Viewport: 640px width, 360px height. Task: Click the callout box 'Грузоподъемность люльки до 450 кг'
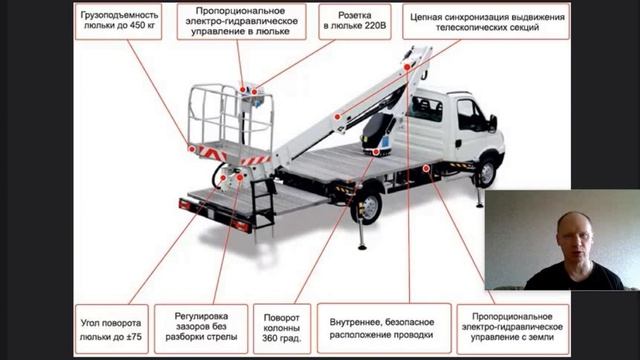tap(118, 22)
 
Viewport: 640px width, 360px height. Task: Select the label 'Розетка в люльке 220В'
tap(355, 22)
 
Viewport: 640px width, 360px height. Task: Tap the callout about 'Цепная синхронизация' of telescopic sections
tap(486, 22)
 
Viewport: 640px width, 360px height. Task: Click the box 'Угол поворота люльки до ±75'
tap(111, 329)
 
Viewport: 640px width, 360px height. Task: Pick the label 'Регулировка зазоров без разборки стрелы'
tap(201, 329)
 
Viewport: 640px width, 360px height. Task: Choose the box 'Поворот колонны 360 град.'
tap(282, 329)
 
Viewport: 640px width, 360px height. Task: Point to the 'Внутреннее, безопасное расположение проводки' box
tap(384, 329)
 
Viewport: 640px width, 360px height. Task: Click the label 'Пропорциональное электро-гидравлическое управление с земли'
tap(513, 329)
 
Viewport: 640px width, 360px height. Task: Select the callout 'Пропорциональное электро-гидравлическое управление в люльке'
tap(241, 22)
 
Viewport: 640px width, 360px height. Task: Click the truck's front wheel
tap(487, 173)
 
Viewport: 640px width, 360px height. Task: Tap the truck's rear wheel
tap(367, 207)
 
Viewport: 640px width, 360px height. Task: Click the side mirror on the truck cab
tap(493, 123)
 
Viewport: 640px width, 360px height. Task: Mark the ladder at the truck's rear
tap(263, 202)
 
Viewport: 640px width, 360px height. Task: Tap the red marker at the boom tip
tap(407, 67)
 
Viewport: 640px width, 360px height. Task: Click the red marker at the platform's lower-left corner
tap(191, 149)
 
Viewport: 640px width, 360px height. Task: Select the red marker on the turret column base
tap(376, 152)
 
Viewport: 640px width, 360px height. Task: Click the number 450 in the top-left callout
tap(137, 25)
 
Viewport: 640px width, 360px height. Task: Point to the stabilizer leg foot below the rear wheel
tap(362, 246)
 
